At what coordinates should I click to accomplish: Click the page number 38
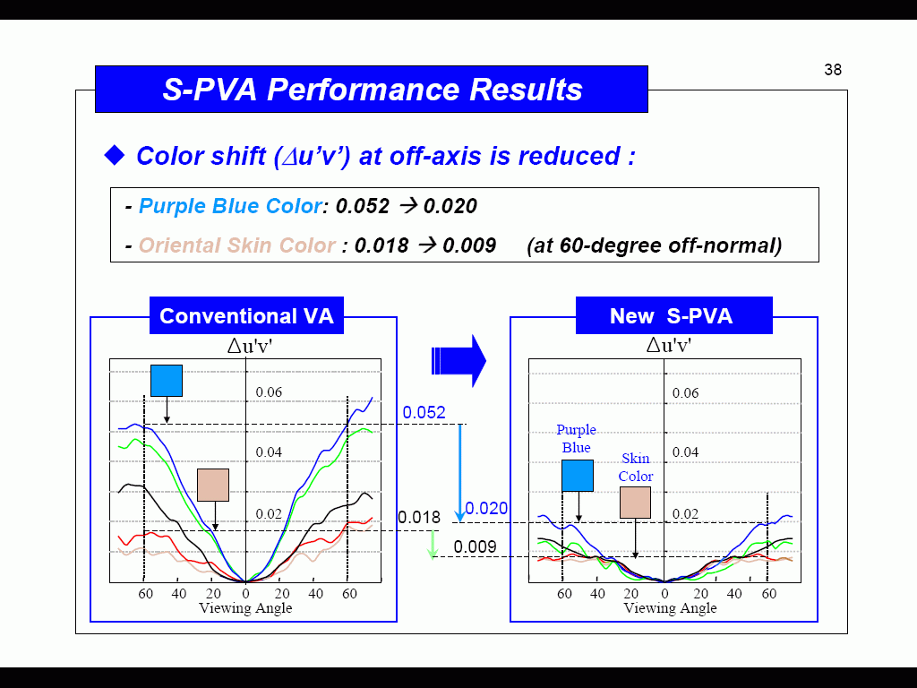pos(833,70)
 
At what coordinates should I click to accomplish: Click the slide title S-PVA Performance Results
pos(372,90)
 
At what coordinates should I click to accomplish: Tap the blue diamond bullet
pos(115,155)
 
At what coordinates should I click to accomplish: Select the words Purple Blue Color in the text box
pos(230,206)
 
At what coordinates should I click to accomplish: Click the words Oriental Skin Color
pos(236,245)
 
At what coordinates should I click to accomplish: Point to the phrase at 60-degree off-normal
pos(655,245)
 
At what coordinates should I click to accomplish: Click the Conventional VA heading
pos(246,316)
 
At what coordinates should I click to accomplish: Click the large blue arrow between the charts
pos(458,361)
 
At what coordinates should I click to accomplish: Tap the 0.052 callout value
pos(424,412)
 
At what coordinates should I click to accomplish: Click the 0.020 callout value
pos(486,508)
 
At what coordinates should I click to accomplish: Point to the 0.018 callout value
pos(419,517)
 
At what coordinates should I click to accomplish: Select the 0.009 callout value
pos(475,546)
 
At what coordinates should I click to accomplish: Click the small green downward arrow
pos(433,545)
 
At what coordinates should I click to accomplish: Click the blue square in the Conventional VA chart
pos(167,381)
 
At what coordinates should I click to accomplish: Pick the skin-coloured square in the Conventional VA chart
pos(213,485)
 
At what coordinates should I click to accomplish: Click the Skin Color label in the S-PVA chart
pos(636,467)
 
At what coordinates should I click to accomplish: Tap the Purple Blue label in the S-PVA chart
pos(576,438)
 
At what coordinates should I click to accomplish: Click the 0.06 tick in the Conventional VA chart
pos(269,392)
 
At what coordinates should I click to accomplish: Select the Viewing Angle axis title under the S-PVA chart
pos(670,608)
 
